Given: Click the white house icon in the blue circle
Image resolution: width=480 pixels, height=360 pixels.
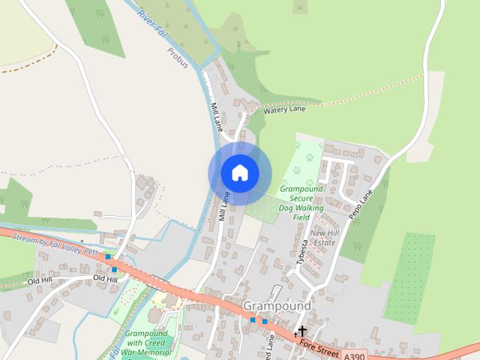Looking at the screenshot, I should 239,173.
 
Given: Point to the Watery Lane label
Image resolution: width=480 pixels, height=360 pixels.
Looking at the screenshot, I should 285,109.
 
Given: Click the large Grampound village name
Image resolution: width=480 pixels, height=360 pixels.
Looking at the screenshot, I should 277,307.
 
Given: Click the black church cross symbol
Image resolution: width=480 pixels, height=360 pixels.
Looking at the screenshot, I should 301,331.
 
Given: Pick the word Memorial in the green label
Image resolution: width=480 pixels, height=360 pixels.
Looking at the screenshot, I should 155,351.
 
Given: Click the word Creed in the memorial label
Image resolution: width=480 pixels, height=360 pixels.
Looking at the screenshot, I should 163,342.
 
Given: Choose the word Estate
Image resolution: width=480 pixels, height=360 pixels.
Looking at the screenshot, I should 324,242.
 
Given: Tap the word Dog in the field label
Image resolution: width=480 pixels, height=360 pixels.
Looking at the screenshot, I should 284,208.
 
